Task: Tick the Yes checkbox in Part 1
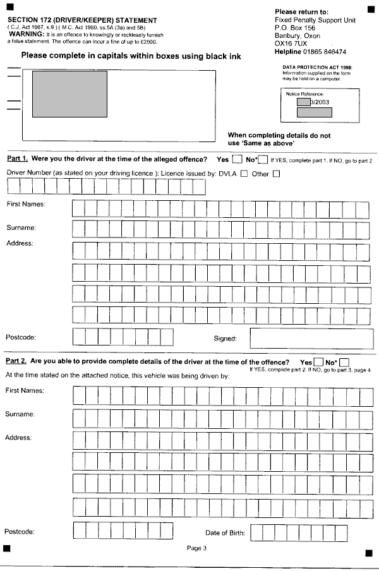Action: [237, 160]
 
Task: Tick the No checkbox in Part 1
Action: [263, 160]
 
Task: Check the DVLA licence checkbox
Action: [244, 174]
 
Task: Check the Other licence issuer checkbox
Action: [276, 174]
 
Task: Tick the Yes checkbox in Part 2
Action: [319, 362]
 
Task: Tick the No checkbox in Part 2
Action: [344, 362]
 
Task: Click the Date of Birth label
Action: [225, 533]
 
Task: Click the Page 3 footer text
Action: [196, 548]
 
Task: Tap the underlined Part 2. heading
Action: [16, 361]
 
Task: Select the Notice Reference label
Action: [304, 93]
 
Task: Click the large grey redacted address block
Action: [69, 93]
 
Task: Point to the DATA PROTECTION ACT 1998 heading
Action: [318, 66]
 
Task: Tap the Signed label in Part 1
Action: [225, 339]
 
